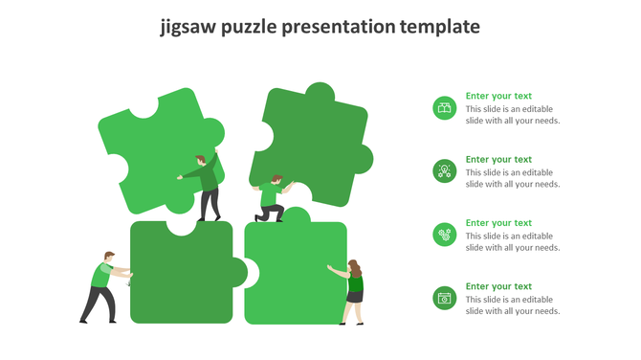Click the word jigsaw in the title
(x=188, y=27)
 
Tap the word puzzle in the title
(x=249, y=27)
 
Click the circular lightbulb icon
(x=444, y=171)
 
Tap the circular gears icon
(x=444, y=235)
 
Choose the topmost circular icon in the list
(x=444, y=108)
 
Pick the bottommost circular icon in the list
(x=444, y=298)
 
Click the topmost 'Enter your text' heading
(x=498, y=96)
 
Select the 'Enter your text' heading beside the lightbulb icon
(x=498, y=160)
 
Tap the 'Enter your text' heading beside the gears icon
(x=498, y=223)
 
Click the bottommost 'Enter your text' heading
(x=498, y=286)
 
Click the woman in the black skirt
(x=353, y=290)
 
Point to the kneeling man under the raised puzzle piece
(x=272, y=199)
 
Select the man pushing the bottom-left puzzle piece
(x=101, y=286)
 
